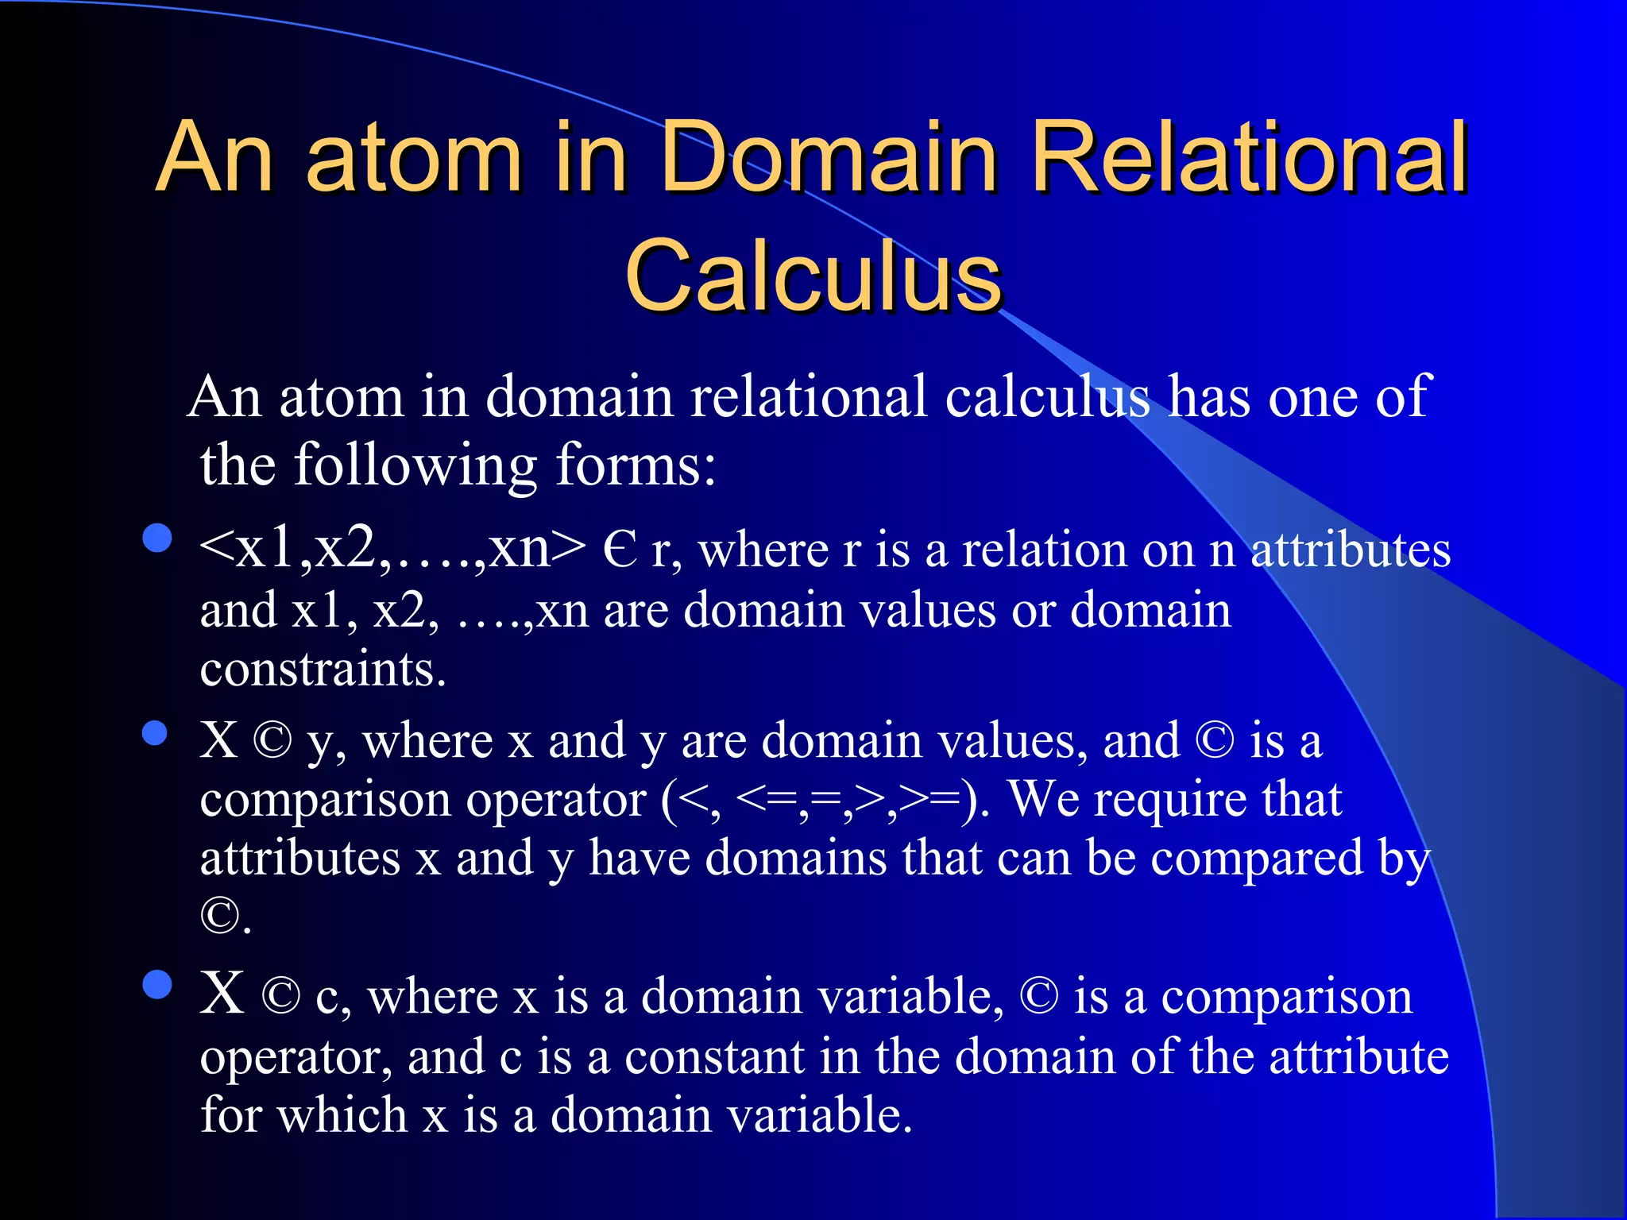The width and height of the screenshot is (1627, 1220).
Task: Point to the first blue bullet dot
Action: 157,538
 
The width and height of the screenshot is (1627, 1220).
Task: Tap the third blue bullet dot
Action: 157,984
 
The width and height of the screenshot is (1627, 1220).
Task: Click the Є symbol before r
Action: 620,550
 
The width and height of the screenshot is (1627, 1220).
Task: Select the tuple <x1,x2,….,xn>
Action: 392,548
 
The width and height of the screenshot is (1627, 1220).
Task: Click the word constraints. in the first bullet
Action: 323,669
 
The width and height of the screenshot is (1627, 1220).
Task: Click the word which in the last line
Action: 343,1114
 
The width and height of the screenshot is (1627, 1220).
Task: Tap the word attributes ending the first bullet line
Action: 1351,550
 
